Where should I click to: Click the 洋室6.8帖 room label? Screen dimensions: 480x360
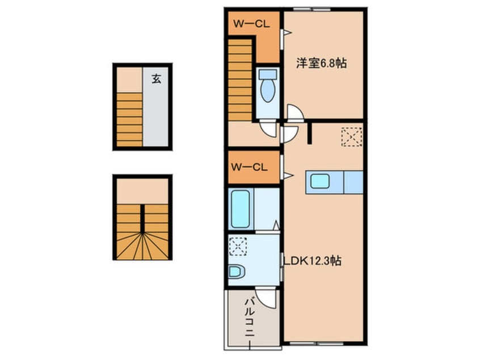point(321,63)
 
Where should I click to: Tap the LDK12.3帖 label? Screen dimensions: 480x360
point(312,261)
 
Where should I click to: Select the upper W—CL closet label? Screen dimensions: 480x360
point(252,24)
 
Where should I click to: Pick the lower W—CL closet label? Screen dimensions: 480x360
point(249,168)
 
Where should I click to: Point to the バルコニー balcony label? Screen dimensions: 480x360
point(250,318)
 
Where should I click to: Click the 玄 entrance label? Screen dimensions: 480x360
point(157,79)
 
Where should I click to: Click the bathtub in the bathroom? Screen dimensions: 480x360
point(241,209)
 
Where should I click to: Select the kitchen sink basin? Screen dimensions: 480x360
point(320,182)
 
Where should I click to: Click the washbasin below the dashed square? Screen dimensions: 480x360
point(237,271)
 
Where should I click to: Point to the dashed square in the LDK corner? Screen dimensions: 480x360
point(352,137)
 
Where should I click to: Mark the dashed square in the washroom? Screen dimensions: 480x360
point(238,247)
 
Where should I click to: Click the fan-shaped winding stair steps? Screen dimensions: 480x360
point(142,246)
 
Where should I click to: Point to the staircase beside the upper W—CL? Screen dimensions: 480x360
point(240,80)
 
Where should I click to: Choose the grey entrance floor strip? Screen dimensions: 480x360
point(155,107)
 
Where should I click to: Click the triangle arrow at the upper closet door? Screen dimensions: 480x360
point(288,32)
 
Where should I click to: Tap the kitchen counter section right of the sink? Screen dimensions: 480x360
point(353,182)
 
